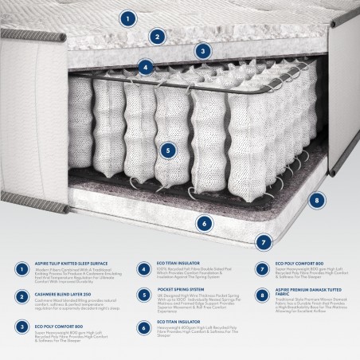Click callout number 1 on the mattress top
tap(127, 17)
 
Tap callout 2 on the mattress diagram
tap(158, 36)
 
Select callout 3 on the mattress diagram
tap(204, 52)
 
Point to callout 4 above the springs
tap(145, 68)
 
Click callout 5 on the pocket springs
tap(166, 149)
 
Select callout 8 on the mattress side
tap(316, 200)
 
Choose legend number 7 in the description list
tap(261, 269)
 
